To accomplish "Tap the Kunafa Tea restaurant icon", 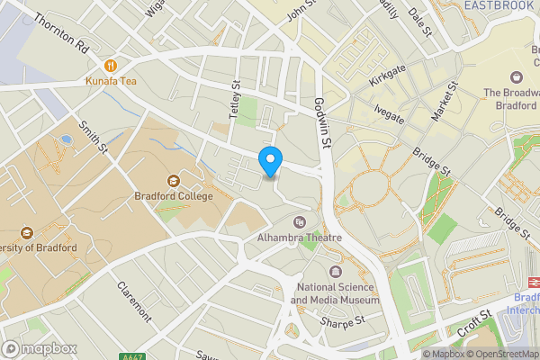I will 111,65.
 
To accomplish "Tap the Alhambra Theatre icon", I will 300,221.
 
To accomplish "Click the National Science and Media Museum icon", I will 336,271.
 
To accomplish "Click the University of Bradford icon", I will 24,231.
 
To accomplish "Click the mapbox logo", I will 40,348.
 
